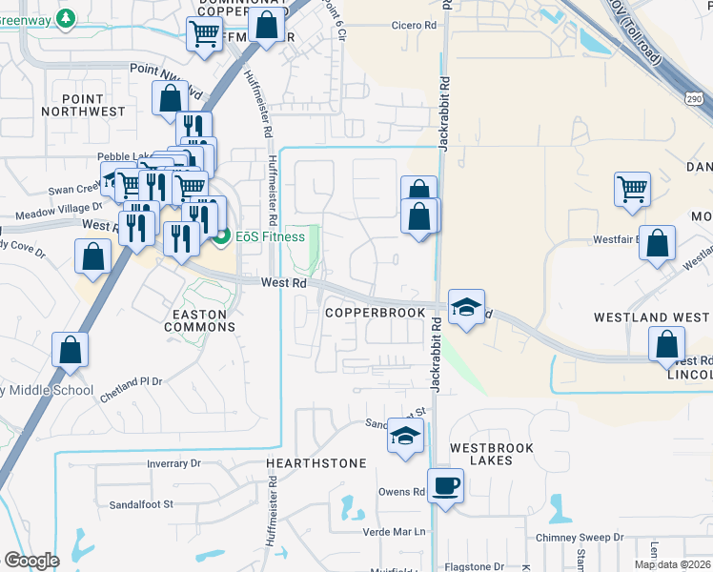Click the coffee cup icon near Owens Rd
[445, 486]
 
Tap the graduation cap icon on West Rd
[466, 307]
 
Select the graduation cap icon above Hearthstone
[405, 437]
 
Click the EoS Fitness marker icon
[222, 236]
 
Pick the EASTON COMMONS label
[199, 320]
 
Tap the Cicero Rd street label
[413, 26]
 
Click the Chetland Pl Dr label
[131, 380]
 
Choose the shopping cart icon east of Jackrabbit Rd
[632, 189]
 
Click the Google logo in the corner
[31, 561]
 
